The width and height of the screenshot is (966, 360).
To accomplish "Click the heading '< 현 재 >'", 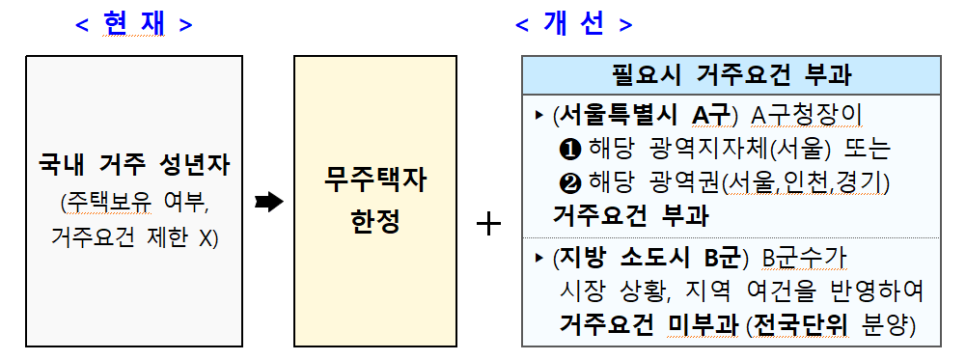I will (x=134, y=24).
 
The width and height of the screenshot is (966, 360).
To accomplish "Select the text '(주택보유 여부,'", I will (x=134, y=202).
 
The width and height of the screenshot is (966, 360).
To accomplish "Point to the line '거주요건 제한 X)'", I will (x=134, y=235).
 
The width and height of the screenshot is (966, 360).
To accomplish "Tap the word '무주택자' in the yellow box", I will (x=374, y=180).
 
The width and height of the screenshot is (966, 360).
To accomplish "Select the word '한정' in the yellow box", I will (x=374, y=222).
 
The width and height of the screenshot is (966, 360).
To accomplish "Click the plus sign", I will (x=490, y=224).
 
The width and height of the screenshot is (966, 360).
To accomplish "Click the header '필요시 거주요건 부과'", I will (x=731, y=75).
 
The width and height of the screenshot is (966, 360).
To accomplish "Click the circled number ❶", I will (x=567, y=150).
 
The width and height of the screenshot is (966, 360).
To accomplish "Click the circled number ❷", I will (x=567, y=182).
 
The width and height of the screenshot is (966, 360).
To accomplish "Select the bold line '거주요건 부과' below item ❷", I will (x=630, y=215).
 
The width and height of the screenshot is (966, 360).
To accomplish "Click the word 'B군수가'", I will (x=805, y=258).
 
